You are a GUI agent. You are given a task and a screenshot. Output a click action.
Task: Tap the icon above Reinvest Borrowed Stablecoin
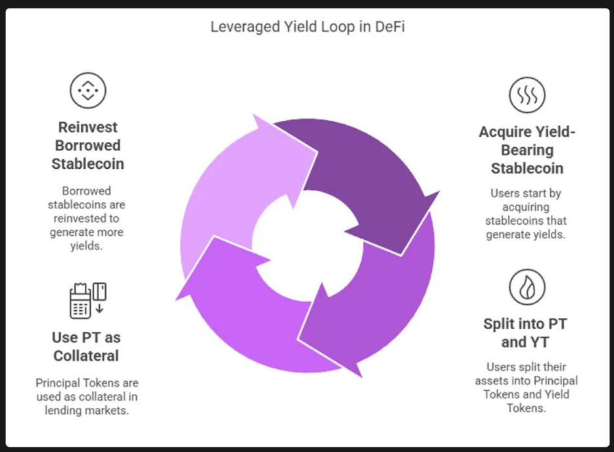pos(87,90)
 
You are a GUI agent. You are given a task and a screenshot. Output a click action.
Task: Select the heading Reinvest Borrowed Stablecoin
pos(87,145)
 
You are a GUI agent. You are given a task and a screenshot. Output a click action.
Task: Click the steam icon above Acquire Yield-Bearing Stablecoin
pos(527,95)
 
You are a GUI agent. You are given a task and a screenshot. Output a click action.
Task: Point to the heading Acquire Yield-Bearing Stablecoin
pos(527,150)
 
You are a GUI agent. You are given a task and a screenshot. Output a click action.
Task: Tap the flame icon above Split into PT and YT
pos(527,288)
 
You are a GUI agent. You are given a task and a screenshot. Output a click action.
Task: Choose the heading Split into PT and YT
pos(525,332)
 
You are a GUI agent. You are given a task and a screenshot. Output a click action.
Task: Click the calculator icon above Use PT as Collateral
pos(87,300)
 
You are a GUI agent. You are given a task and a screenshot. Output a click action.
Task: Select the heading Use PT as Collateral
pos(85,347)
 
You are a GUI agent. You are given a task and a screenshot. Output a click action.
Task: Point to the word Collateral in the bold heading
pos(85,356)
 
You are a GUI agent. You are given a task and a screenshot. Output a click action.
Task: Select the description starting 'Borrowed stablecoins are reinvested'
pos(87,218)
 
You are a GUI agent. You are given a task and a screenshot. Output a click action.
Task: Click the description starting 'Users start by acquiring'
pos(526,214)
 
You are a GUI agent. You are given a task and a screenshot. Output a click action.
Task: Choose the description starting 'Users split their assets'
pos(526,388)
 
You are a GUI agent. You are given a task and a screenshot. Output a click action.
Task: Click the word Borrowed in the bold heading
pos(87,145)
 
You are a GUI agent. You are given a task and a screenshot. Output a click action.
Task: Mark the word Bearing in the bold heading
pos(527,150)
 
